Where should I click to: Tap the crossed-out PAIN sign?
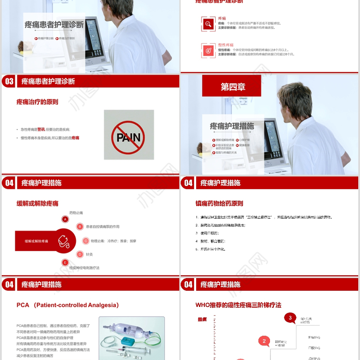(x=128, y=135)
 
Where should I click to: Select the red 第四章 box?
(x=231, y=86)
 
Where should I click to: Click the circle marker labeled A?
(x=65, y=219)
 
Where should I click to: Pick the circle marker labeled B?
(x=80, y=227)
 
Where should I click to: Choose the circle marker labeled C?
(x=85, y=241)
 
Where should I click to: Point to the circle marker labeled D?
(x=80, y=254)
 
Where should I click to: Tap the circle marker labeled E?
(x=65, y=262)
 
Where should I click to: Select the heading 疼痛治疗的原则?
(x=37, y=102)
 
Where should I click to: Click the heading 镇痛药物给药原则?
(x=219, y=203)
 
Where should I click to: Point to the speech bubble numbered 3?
(x=290, y=318)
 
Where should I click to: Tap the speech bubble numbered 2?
(x=264, y=341)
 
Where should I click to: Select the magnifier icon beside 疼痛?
(x=208, y=24)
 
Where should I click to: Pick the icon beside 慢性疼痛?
(x=208, y=50)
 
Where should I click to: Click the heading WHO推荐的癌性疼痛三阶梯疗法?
(x=238, y=305)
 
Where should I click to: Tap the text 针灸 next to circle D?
(x=89, y=254)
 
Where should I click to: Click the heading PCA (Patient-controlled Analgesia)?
(x=67, y=305)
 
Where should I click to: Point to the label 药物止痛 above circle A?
(x=76, y=212)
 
